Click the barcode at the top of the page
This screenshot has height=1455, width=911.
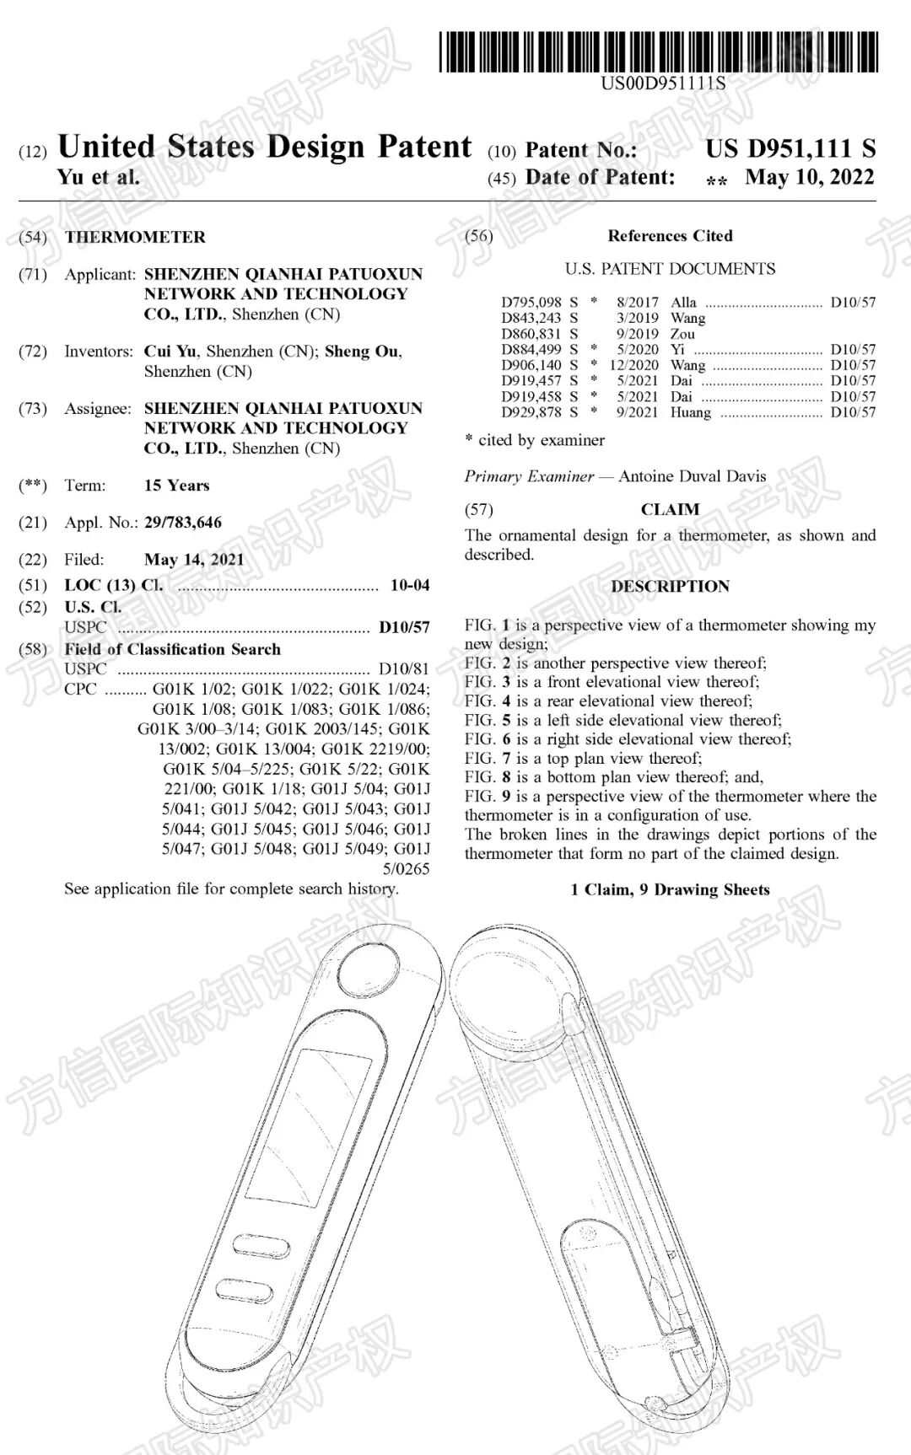click(658, 51)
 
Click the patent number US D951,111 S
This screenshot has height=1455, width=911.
click(790, 149)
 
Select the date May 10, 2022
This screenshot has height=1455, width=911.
click(809, 178)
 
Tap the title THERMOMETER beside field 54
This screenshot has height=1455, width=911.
click(135, 237)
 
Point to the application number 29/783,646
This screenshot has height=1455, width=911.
click(183, 523)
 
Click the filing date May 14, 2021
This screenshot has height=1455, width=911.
click(194, 560)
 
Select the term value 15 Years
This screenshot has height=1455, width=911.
click(177, 486)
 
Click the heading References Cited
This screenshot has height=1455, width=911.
click(670, 236)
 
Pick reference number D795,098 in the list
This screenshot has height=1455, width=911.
click(531, 303)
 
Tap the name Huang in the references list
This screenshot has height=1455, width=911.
click(691, 412)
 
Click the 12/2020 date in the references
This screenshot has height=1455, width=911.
click(633, 365)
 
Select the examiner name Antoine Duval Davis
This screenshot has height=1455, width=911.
click(692, 476)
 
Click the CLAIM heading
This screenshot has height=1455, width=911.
click(670, 509)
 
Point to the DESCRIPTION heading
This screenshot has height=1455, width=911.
click(670, 587)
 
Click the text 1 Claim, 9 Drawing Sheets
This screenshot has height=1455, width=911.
click(670, 890)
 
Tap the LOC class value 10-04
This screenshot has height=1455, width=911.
click(410, 585)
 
